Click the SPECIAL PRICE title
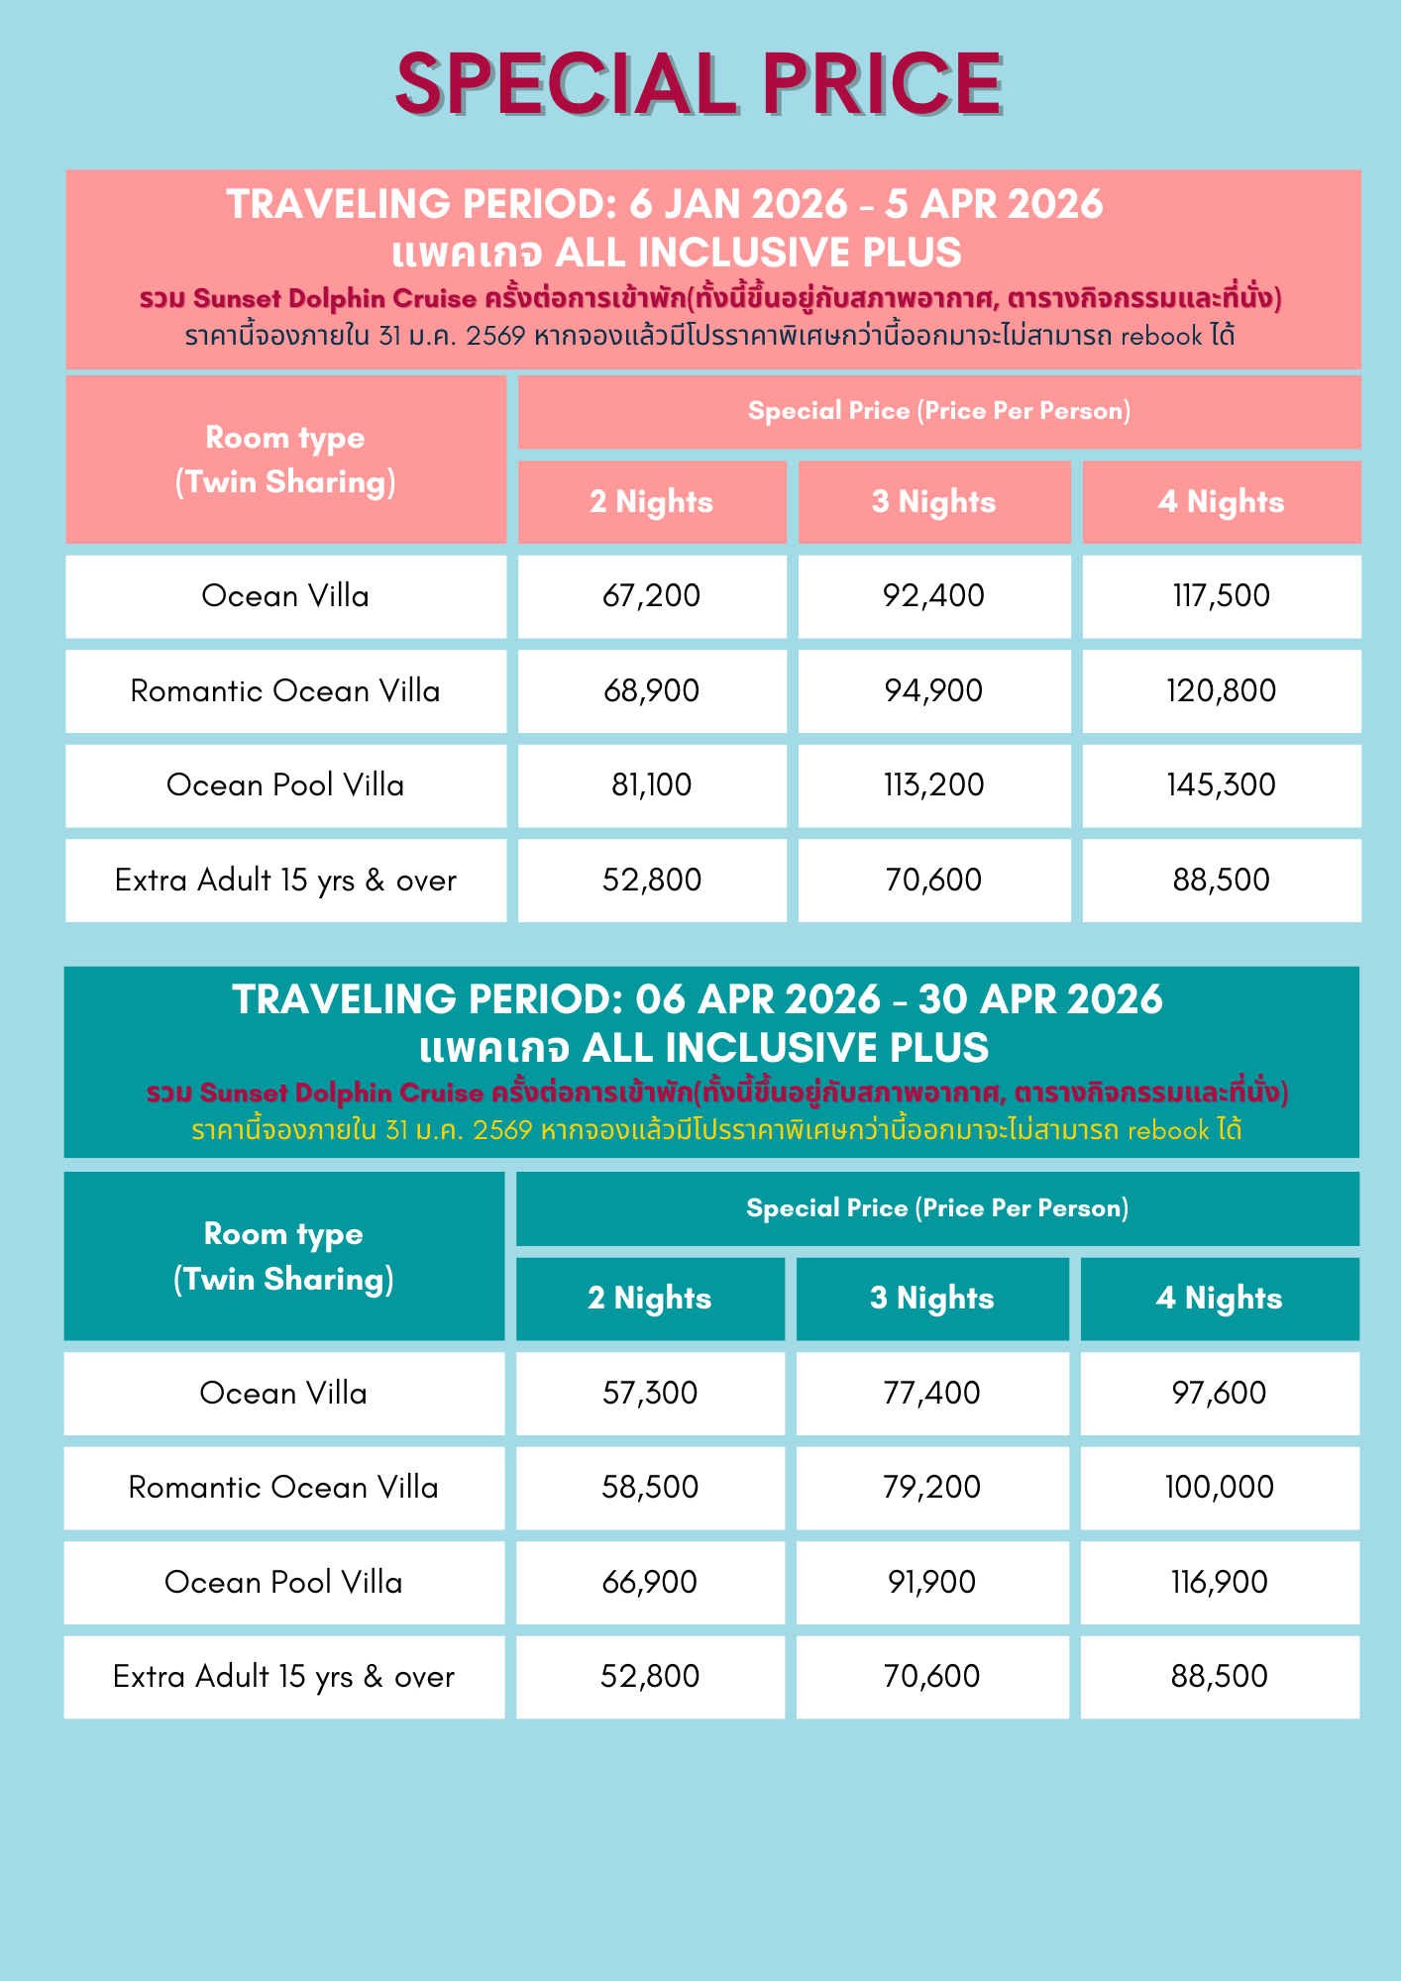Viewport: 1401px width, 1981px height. [700, 84]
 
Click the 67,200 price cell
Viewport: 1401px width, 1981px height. [652, 596]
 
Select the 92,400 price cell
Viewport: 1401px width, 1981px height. [934, 596]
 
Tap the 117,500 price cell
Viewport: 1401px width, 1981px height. [1221, 596]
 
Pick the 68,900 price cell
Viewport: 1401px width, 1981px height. [652, 691]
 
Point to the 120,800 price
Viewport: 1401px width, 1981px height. [1221, 691]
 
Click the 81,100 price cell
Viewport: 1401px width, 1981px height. [652, 785]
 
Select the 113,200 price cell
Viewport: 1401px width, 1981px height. [934, 785]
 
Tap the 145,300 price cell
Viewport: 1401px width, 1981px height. [1221, 785]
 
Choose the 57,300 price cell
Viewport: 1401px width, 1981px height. [650, 1394]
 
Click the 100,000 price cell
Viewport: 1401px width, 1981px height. [1219, 1488]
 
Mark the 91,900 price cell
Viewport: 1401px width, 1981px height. [932, 1583]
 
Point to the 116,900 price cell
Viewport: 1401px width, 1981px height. [1219, 1583]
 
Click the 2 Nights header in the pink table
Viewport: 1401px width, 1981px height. [652, 502]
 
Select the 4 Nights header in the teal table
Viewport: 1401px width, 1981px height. [1219, 1299]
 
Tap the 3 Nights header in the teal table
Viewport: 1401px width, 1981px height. [932, 1299]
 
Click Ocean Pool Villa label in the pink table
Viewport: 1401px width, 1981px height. [285, 785]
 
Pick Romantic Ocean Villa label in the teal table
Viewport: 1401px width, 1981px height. [283, 1488]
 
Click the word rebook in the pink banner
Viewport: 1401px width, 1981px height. [1161, 337]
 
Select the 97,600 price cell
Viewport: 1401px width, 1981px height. [1219, 1394]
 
